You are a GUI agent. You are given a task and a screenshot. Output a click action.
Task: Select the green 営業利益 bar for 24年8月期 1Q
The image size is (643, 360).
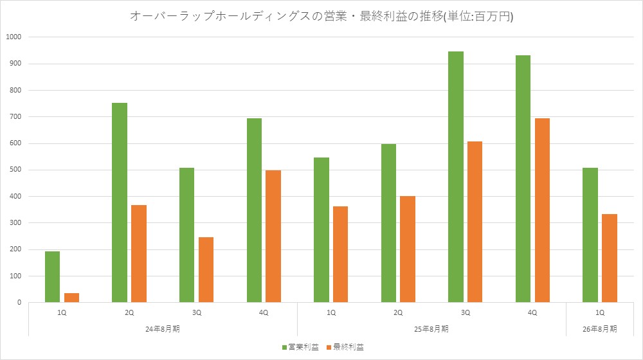53,276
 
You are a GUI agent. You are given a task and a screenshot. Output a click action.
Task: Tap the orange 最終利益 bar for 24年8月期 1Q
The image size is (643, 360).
71,298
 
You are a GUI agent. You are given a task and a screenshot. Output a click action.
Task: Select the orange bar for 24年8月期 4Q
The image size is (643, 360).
273,236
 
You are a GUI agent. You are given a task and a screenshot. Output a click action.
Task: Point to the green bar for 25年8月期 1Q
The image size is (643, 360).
321,230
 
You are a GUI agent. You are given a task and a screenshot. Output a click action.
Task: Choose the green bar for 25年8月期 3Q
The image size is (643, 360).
456,177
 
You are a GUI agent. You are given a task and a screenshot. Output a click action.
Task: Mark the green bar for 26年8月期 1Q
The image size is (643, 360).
590,235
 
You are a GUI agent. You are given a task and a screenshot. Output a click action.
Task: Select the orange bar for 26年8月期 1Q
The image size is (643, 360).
610,258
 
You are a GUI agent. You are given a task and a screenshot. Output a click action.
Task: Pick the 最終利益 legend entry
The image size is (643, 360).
344,347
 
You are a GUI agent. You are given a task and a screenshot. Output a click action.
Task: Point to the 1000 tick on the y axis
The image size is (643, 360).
14,37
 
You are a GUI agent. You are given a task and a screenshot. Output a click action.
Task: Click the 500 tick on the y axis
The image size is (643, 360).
16,170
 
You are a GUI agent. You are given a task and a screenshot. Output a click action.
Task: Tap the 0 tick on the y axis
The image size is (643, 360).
19,302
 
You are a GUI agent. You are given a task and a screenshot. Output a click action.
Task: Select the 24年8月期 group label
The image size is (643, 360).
163,328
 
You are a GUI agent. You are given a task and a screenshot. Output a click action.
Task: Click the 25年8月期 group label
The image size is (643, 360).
431,328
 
